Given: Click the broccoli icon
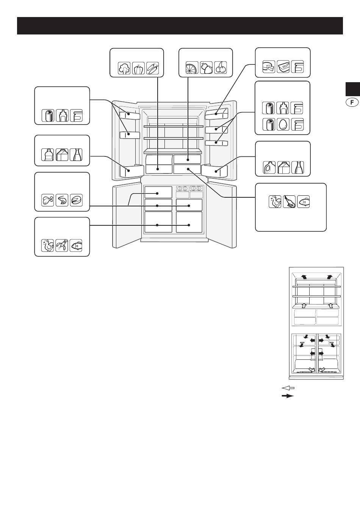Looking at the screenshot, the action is (x=124, y=68).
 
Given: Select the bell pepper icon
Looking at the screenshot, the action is (x=138, y=68).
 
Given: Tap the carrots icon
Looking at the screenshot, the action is (x=153, y=68).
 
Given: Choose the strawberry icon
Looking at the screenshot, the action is (x=206, y=68).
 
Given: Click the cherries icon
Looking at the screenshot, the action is (x=221, y=68).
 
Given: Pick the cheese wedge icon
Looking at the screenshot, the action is (x=269, y=67).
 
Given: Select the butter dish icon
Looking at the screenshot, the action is (x=283, y=67).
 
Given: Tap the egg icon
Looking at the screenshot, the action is (x=283, y=125).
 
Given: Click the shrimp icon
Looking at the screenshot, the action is (x=62, y=200).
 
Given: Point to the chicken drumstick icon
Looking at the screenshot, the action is (x=47, y=200).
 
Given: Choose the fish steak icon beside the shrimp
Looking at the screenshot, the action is (x=76, y=200).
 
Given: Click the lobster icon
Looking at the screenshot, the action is (x=62, y=245).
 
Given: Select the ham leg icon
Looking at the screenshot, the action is (x=289, y=201).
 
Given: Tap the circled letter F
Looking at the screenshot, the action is (x=352, y=102).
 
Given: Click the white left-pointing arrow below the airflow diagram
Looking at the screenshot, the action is (x=288, y=388).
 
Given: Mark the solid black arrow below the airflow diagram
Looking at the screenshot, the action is (x=288, y=396).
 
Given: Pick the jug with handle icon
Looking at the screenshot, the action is (x=269, y=167).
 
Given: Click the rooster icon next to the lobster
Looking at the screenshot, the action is (x=47, y=245).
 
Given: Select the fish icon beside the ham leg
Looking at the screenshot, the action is (x=304, y=201).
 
